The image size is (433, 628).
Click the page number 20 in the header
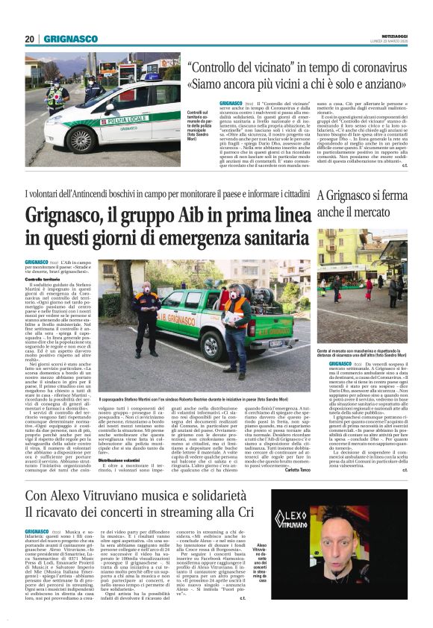(29, 39)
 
